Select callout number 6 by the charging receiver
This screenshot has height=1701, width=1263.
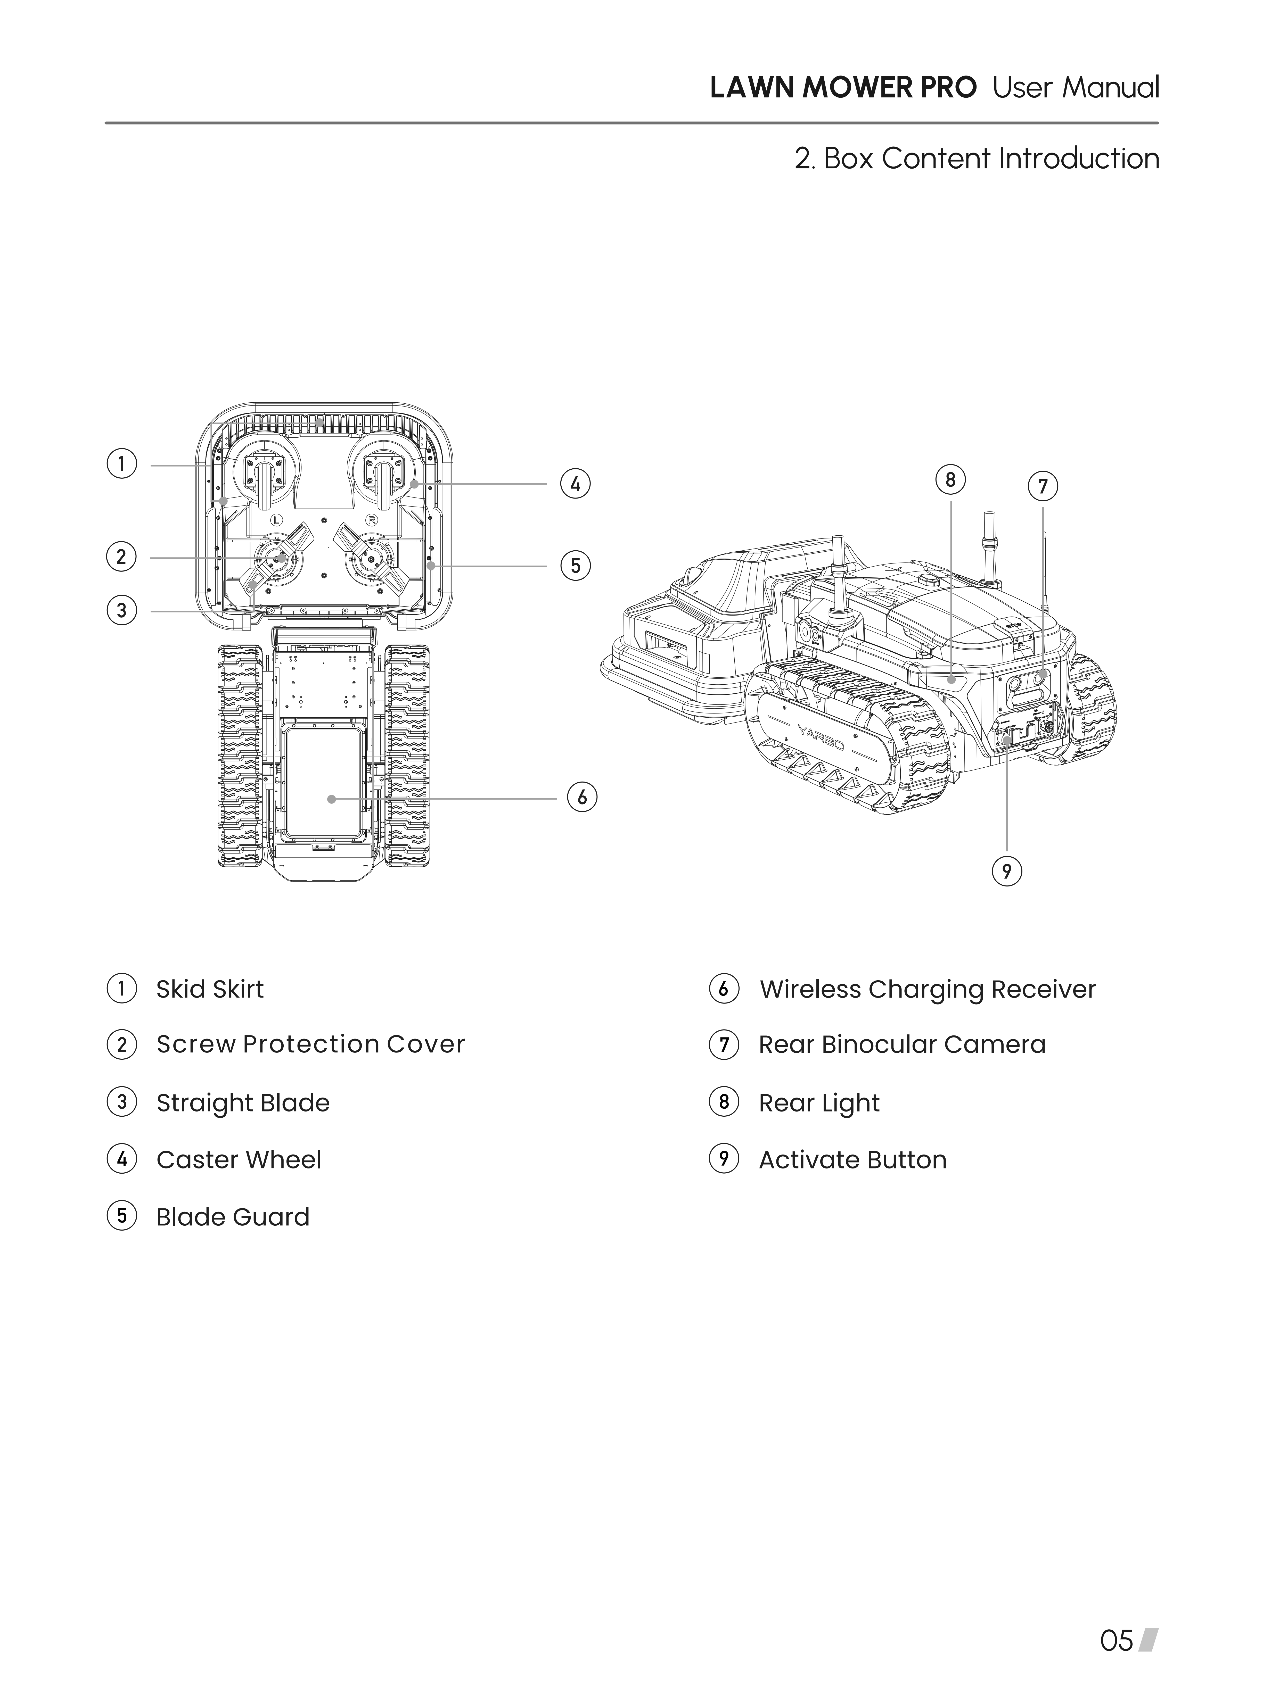pyautogui.click(x=582, y=797)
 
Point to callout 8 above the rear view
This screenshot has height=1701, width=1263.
pyautogui.click(x=950, y=480)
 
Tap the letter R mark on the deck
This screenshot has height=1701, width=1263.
pyautogui.click(x=372, y=520)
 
